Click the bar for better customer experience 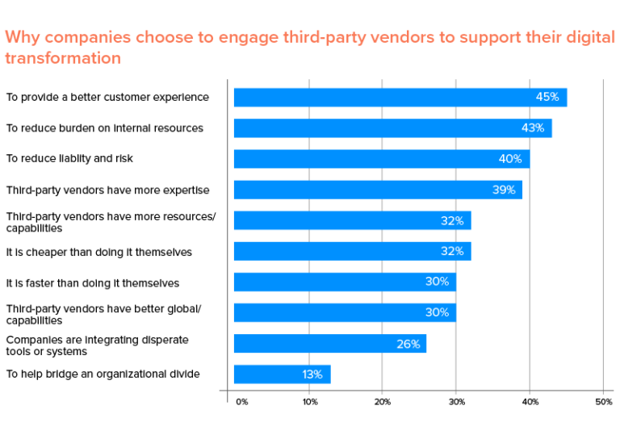(400, 98)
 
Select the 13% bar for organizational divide (282, 374)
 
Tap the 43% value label (533, 128)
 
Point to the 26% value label (408, 344)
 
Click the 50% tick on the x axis (603, 401)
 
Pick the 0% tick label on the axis (241, 401)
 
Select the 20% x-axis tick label (383, 401)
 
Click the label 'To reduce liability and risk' (69, 159)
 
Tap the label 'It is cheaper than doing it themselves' (99, 252)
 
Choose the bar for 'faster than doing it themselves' (345, 282)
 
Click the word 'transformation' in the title (63, 58)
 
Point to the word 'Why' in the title (22, 37)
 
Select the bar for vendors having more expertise (378, 190)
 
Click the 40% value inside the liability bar (510, 159)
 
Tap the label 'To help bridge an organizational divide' (103, 374)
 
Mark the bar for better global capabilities (345, 313)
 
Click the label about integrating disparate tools (97, 345)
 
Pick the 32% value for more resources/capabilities (452, 221)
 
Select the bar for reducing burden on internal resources (392, 128)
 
